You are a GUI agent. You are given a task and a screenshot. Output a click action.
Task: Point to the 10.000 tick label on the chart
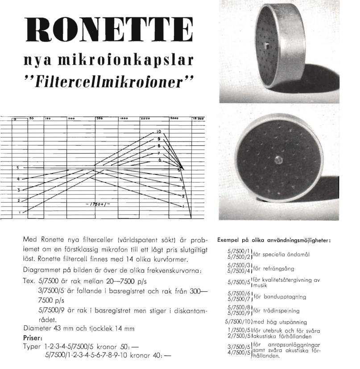pos(198,119)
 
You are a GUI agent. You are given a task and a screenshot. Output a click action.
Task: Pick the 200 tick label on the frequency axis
pos(71,119)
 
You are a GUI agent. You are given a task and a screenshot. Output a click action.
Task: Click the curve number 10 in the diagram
pos(158,132)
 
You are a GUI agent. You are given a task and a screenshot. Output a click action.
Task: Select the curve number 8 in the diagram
pos(158,146)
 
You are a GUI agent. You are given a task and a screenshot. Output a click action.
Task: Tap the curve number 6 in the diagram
pos(159,160)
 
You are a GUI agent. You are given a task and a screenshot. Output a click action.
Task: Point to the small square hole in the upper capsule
pos(266,45)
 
